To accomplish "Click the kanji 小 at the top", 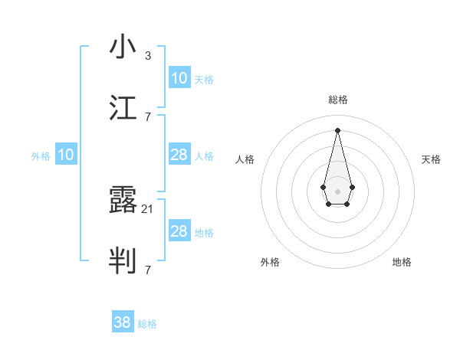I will (123, 47).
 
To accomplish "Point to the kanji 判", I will (123, 261).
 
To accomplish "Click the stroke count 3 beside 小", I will (148, 55).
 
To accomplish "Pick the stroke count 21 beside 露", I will (148, 208).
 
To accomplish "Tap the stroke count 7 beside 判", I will (148, 270).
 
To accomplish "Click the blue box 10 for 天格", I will (179, 77).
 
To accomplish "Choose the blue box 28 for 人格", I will (179, 155).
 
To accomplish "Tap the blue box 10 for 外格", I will (66, 155).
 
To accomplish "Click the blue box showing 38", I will (123, 322).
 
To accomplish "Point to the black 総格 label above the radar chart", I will (338, 100).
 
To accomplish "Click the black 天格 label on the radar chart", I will (431, 159).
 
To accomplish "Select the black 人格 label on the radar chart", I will (245, 159).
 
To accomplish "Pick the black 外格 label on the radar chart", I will (270, 262).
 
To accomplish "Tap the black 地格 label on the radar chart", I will (402, 262).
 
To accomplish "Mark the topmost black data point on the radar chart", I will (337, 129).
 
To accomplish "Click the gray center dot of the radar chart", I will (337, 191).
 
